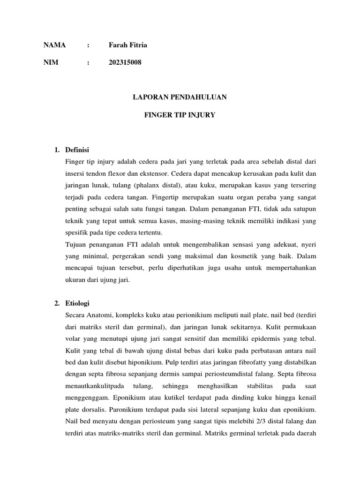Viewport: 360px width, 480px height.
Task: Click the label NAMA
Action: coord(55,45)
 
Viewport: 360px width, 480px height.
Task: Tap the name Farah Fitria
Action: coord(127,45)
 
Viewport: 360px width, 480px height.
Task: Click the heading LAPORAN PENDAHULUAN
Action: coord(180,97)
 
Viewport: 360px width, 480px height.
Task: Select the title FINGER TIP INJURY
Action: coord(180,114)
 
